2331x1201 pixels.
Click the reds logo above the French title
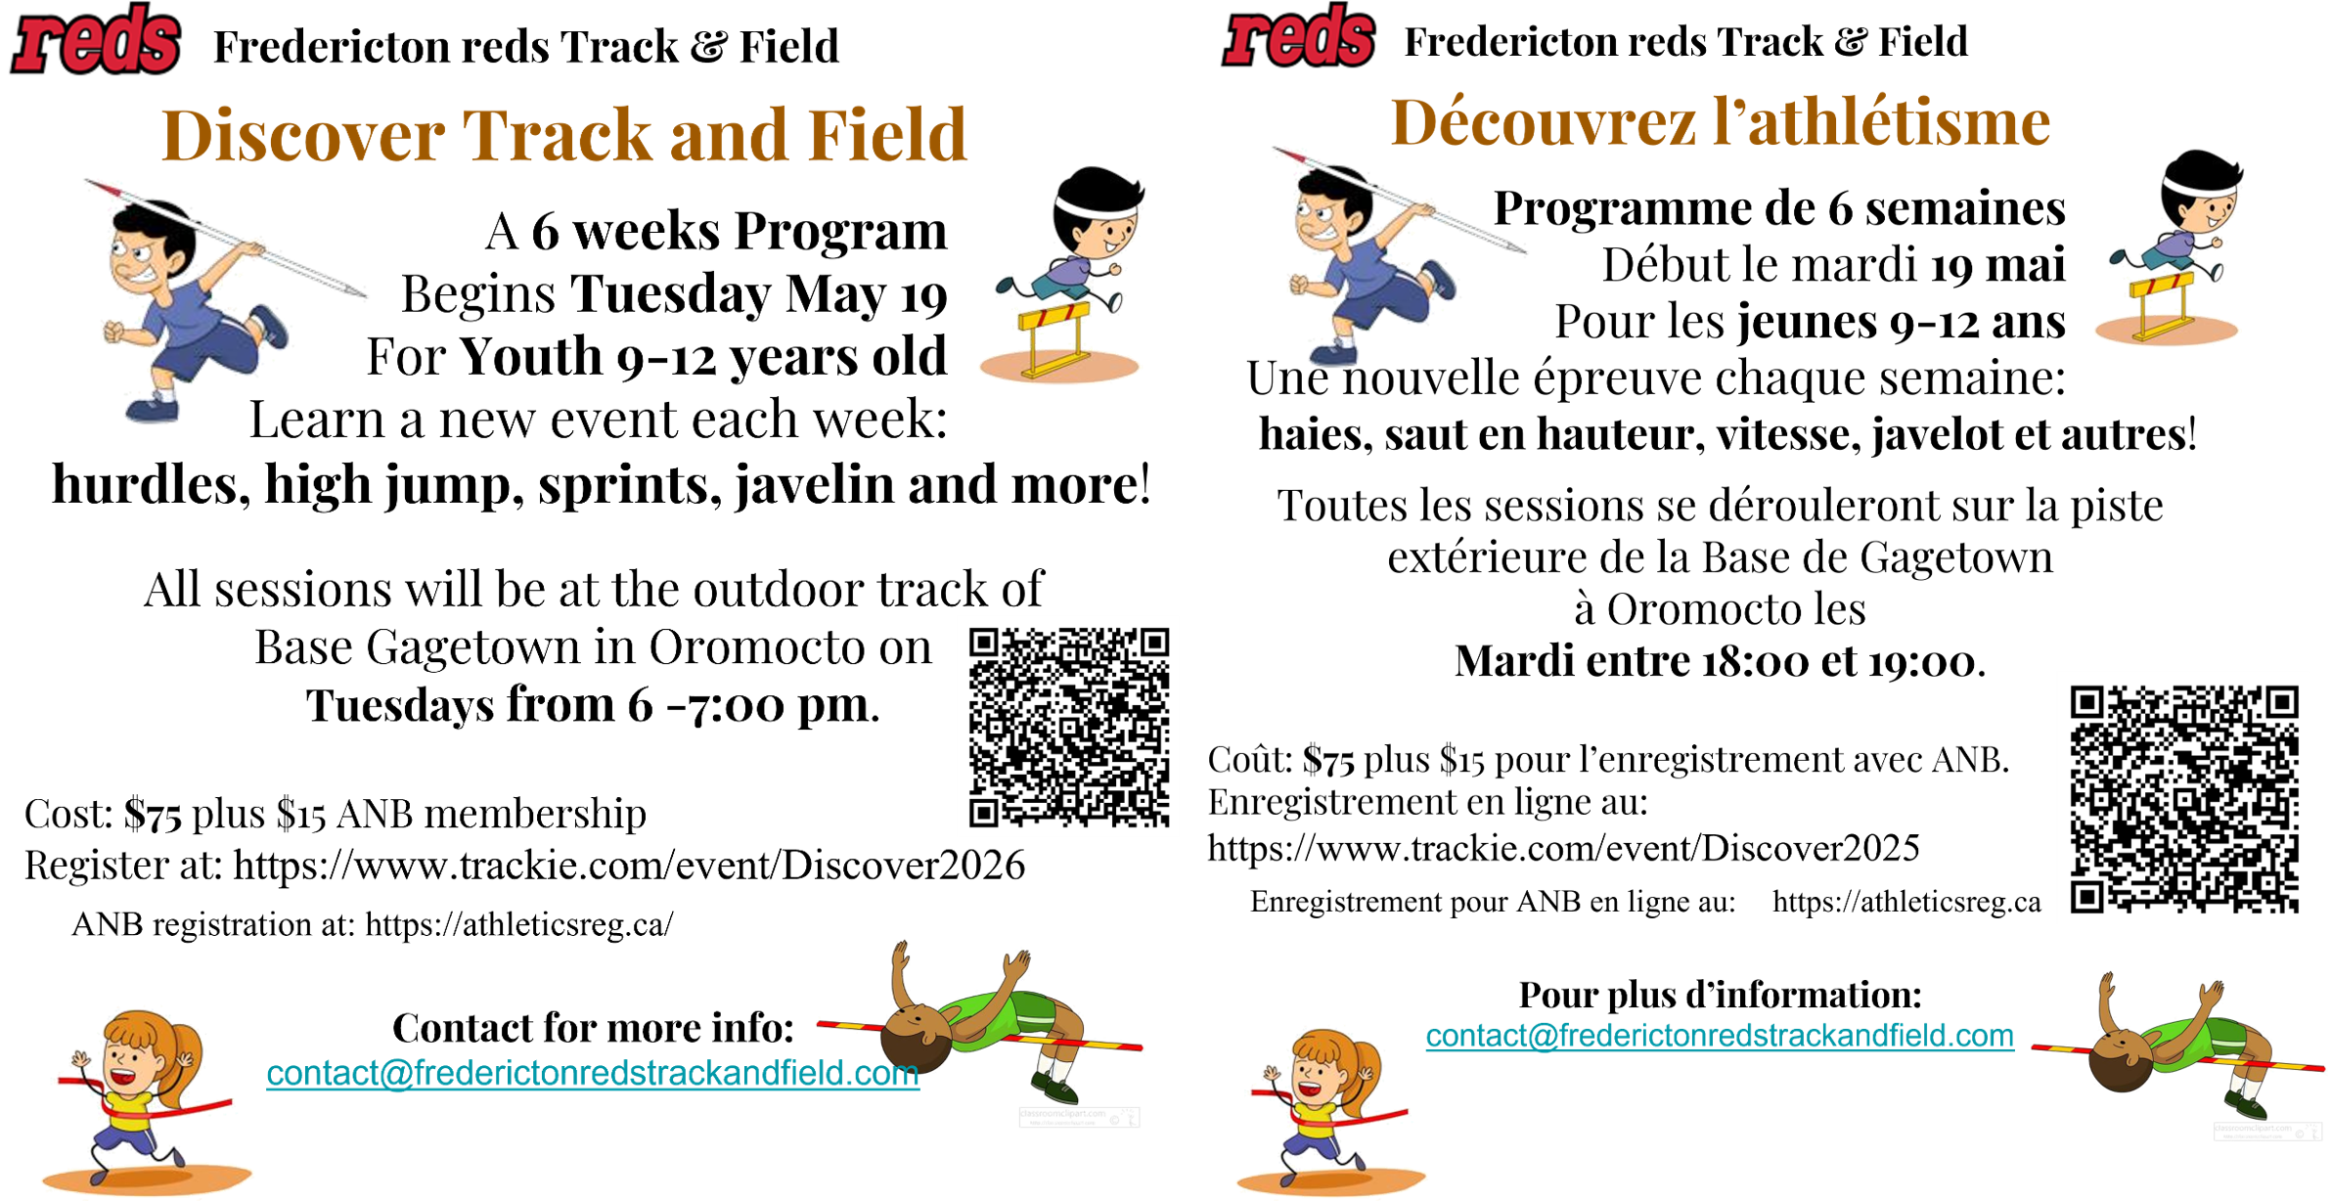(1299, 37)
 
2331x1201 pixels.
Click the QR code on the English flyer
(1067, 726)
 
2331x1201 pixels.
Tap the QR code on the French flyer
(2182, 798)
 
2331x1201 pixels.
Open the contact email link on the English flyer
(593, 1074)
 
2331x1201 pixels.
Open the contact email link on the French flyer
(1720, 1036)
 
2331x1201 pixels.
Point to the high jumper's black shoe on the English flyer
(1054, 1088)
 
